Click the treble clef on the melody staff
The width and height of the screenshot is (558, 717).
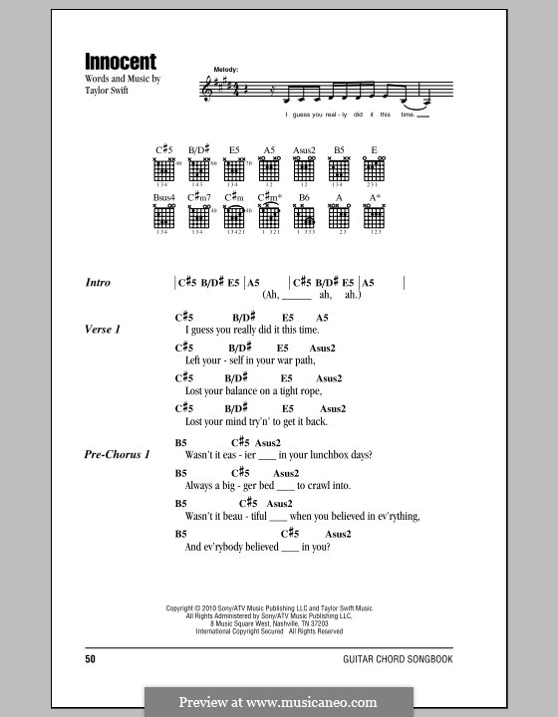click(207, 90)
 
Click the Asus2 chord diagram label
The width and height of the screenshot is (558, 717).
click(304, 149)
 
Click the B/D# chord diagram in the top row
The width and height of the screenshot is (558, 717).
click(199, 169)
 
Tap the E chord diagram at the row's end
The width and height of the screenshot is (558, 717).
click(375, 169)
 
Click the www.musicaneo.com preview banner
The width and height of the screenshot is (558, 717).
click(278, 701)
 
